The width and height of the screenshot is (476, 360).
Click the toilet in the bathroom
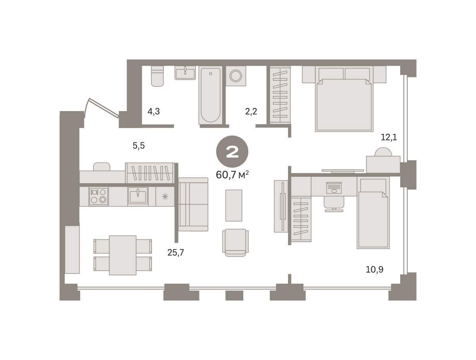pos(157,76)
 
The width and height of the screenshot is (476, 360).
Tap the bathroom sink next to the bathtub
pos(185,73)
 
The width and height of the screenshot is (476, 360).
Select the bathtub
pos(210,95)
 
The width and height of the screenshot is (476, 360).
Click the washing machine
pos(236,76)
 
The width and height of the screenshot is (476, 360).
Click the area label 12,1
pos(389,138)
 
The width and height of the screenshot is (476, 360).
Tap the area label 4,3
pos(154,112)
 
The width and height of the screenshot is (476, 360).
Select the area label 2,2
pos(251,111)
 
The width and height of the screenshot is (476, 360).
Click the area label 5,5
pos(138,146)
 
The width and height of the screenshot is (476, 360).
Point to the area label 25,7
pos(175,253)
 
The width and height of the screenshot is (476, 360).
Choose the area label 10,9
pos(374,270)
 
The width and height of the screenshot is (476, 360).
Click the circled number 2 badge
pos(232,151)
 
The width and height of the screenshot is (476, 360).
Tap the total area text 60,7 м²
pos(232,175)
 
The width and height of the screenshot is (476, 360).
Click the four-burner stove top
pos(98,196)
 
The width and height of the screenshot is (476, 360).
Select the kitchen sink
pos(138,196)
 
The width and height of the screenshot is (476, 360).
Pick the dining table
pos(123,255)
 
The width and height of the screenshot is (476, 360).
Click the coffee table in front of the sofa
pos(234,205)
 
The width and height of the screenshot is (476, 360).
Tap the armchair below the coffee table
pos(235,243)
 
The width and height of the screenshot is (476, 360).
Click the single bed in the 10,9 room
pos(373,213)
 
